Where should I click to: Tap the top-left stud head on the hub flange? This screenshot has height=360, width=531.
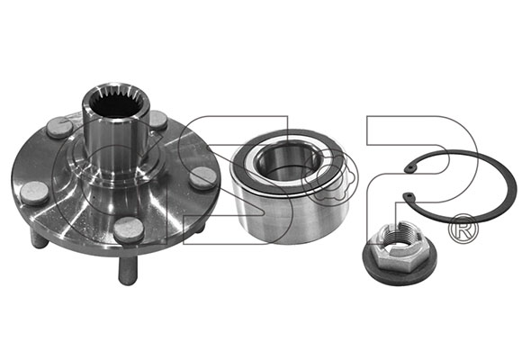59,127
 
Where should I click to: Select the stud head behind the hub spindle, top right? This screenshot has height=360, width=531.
157,120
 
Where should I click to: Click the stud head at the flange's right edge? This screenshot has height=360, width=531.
202,178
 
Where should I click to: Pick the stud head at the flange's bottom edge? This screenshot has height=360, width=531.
129,229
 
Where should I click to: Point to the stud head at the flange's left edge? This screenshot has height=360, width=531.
34,193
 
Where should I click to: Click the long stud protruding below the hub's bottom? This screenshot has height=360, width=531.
128,270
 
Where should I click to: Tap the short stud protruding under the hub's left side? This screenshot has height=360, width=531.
39,238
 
